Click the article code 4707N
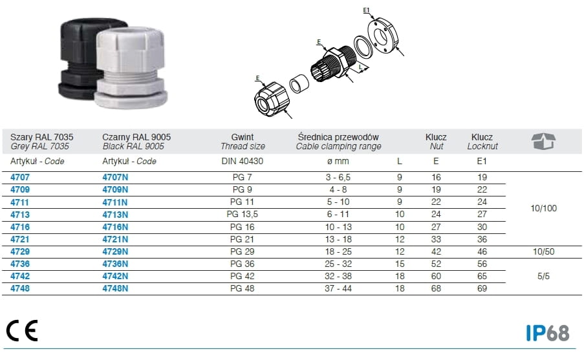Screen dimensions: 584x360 pos(115,177)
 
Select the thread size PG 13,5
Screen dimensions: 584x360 pos(242,214)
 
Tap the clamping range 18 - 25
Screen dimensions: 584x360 pos(338,251)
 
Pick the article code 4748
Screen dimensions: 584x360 pos(20,288)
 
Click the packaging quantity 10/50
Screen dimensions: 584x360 pos(543,251)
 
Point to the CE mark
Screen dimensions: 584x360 pos(22,330)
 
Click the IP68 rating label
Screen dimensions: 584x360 pos(548,333)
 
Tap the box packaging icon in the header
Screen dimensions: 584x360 pos(543,141)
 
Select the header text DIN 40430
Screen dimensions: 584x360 pos(242,161)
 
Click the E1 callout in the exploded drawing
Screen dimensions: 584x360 pos(367,10)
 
